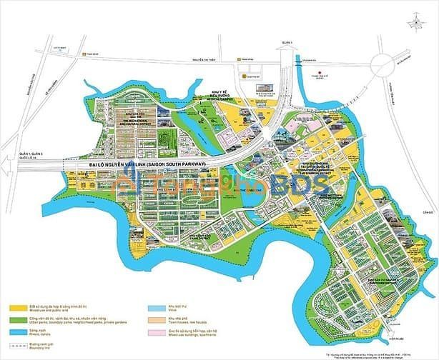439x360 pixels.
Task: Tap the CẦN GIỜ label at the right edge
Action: (x=429, y=212)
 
